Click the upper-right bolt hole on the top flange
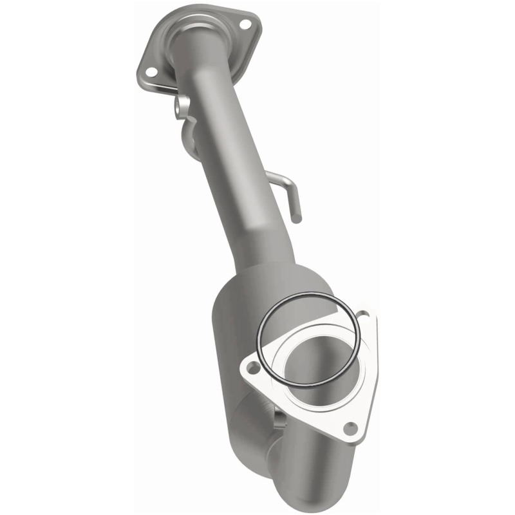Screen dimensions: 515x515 point(245,24)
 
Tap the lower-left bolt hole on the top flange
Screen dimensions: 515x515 point(150,71)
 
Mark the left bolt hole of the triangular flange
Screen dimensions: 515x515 point(252,367)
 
